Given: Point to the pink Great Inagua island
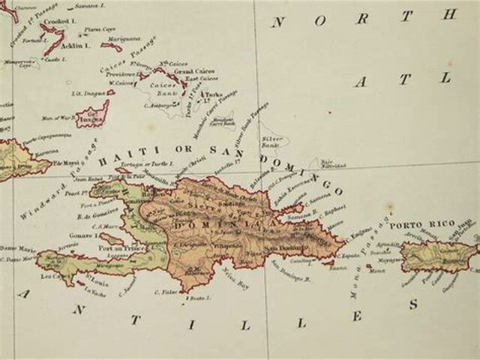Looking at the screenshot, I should [93, 115].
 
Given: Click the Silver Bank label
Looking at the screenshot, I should [271, 139].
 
